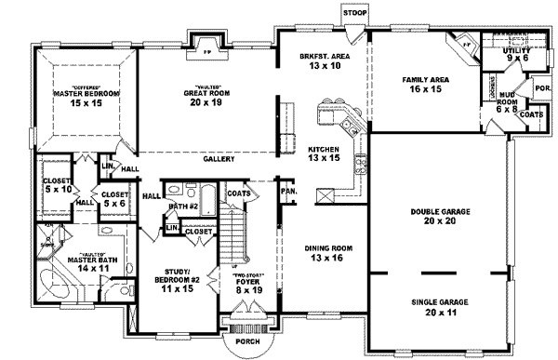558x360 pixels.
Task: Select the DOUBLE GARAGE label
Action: click(x=440, y=212)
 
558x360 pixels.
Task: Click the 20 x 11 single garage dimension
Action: click(x=440, y=314)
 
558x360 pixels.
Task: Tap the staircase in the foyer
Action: click(x=236, y=236)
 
